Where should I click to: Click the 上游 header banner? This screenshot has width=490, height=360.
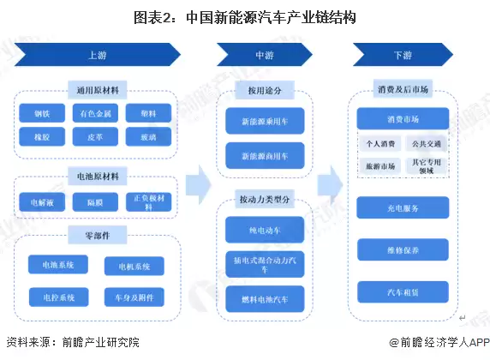pyautogui.click(x=97, y=55)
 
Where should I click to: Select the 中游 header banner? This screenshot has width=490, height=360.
pyautogui.click(x=263, y=55)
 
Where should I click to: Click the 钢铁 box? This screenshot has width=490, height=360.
pyautogui.click(x=41, y=113)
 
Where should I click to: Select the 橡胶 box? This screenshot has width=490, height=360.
pyautogui.click(x=41, y=135)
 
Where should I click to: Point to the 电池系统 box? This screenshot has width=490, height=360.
pyautogui.click(x=53, y=266)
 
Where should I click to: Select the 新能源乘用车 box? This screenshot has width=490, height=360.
pyautogui.click(x=263, y=123)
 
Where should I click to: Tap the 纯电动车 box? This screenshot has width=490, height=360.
pyautogui.click(x=263, y=231)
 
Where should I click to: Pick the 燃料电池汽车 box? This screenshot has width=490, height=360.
pyautogui.click(x=263, y=298)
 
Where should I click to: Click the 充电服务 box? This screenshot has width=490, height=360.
pyautogui.click(x=403, y=207)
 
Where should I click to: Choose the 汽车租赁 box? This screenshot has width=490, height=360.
pyautogui.click(x=403, y=292)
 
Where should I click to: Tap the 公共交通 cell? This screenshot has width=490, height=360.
pyautogui.click(x=424, y=144)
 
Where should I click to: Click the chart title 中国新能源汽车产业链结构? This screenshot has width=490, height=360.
pyautogui.click(x=244, y=16)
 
